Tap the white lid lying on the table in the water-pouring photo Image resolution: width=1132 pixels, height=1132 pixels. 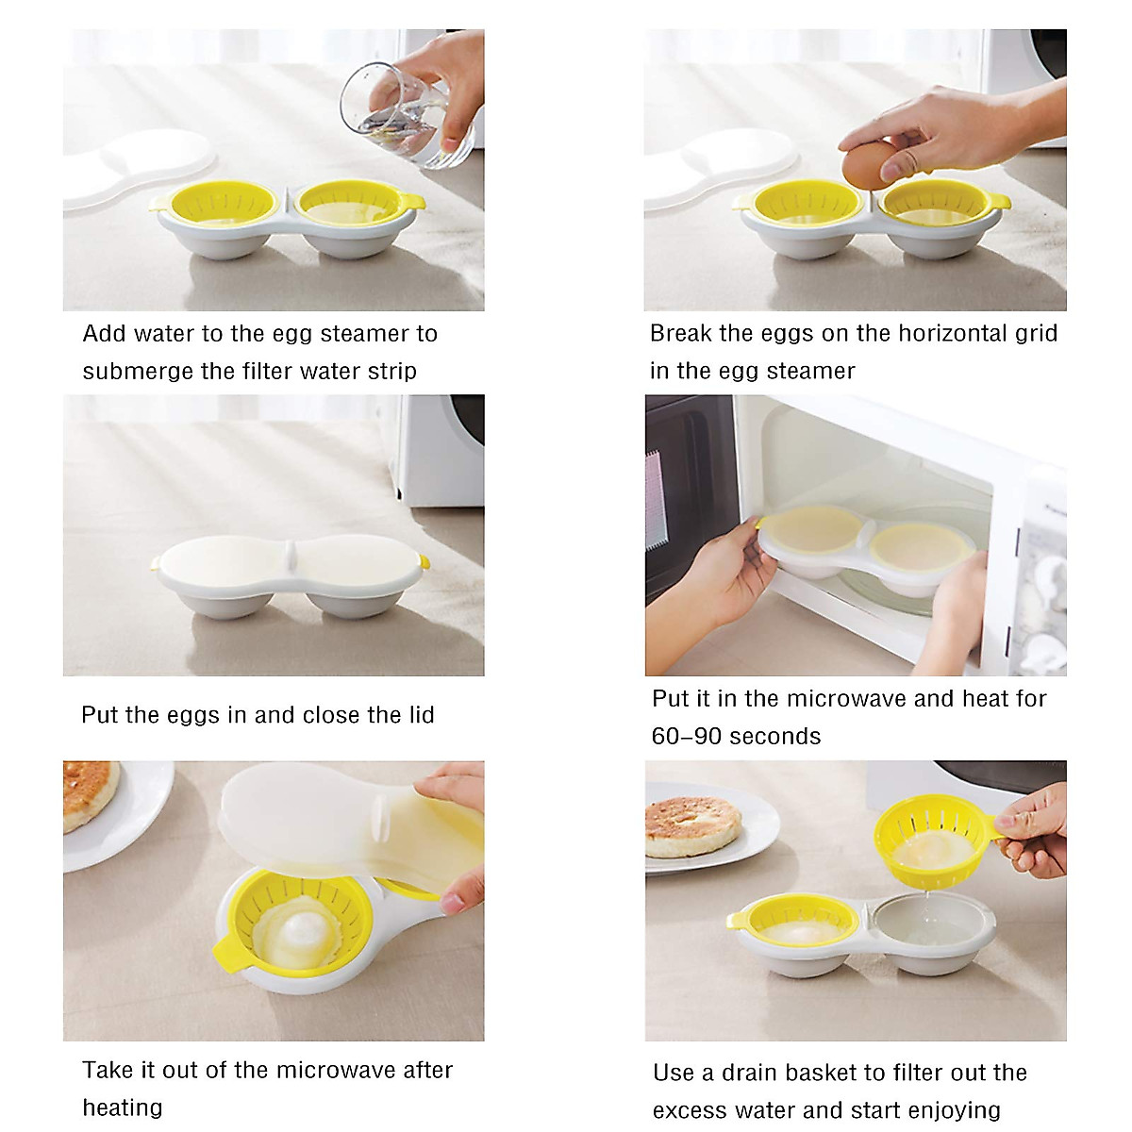(141, 170)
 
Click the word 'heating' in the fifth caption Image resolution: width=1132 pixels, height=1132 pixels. (123, 1107)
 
